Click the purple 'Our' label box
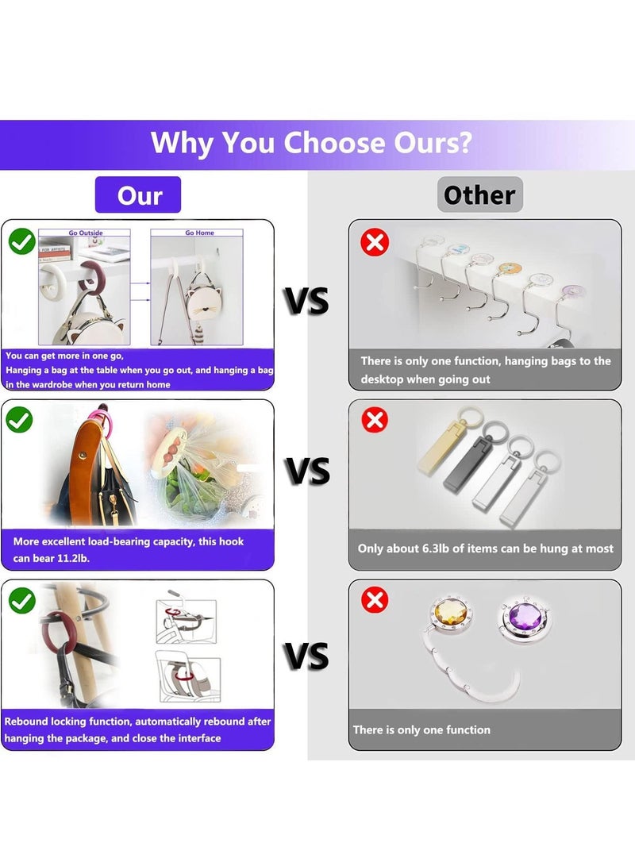tap(138, 194)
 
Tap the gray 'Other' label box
tap(480, 194)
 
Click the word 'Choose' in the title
tap(334, 143)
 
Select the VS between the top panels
tap(307, 301)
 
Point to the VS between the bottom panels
tap(307, 656)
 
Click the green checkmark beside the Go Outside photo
tap(22, 241)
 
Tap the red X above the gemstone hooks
tap(375, 600)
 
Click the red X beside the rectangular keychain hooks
tap(375, 420)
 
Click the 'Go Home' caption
tap(199, 233)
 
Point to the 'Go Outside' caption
tap(86, 233)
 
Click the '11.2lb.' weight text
tap(74, 558)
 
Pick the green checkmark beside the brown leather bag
tap(19, 420)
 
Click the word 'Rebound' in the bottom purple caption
tap(26, 722)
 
